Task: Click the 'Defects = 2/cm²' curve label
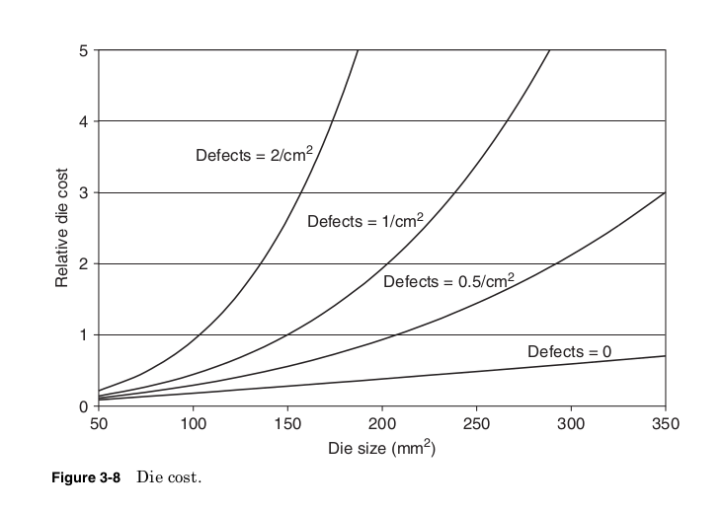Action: point(260,156)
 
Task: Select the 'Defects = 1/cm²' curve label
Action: point(364,221)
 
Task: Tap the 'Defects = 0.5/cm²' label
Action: point(448,281)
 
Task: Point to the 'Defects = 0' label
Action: point(570,351)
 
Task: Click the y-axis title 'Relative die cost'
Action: point(62,228)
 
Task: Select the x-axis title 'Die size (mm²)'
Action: point(381,449)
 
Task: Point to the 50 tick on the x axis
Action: point(99,424)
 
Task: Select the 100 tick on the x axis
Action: point(193,424)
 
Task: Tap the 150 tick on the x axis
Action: point(287,424)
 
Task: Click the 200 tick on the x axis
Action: point(382,424)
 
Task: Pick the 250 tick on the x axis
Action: point(476,424)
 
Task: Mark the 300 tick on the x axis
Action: point(571,424)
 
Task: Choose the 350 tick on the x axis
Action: point(666,424)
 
